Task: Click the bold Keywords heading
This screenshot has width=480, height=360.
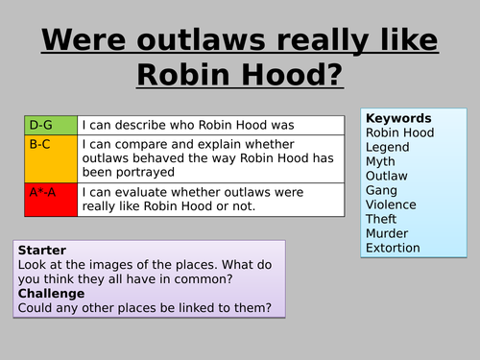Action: pos(398,118)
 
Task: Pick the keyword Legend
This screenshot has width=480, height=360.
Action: pos(388,147)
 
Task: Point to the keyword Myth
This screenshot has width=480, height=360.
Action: pos(381,161)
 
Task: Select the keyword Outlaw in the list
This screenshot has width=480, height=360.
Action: pos(387,176)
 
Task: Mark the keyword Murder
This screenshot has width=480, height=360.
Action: pos(388,233)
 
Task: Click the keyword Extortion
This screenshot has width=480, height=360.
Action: pos(393,248)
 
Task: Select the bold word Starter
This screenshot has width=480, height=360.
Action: pos(42,250)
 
